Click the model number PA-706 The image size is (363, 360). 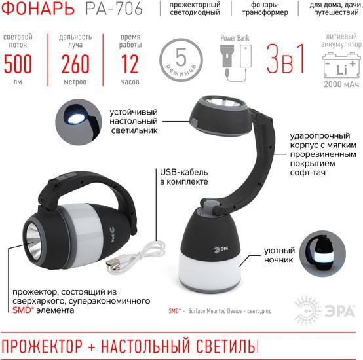pyautogui.click(x=113, y=9)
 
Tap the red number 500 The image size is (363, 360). pyautogui.click(x=18, y=64)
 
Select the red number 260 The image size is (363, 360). pyautogui.click(x=75, y=64)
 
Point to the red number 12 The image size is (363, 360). pyautogui.click(x=130, y=64)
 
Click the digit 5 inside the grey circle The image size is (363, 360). pyautogui.click(x=181, y=57)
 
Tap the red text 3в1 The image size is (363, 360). pyautogui.click(x=285, y=59)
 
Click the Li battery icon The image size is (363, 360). pyautogui.click(x=341, y=65)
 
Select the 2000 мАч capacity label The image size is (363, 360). pyautogui.click(x=341, y=84)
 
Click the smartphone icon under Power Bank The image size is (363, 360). pyautogui.click(x=246, y=56)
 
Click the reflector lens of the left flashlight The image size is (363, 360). pyautogui.click(x=33, y=239)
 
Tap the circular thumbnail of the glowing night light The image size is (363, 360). pyautogui.click(x=322, y=253)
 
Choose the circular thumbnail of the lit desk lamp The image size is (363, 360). pyautogui.click(x=79, y=122)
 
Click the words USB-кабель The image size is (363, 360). pyautogui.click(x=184, y=173)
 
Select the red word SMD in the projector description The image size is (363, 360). pyautogui.click(x=23, y=310)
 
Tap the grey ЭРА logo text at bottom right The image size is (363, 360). pyautogui.click(x=340, y=311)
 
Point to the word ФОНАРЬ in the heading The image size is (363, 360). pyautogui.click(x=38, y=9)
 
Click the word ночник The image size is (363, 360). pyautogui.click(x=278, y=260)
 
